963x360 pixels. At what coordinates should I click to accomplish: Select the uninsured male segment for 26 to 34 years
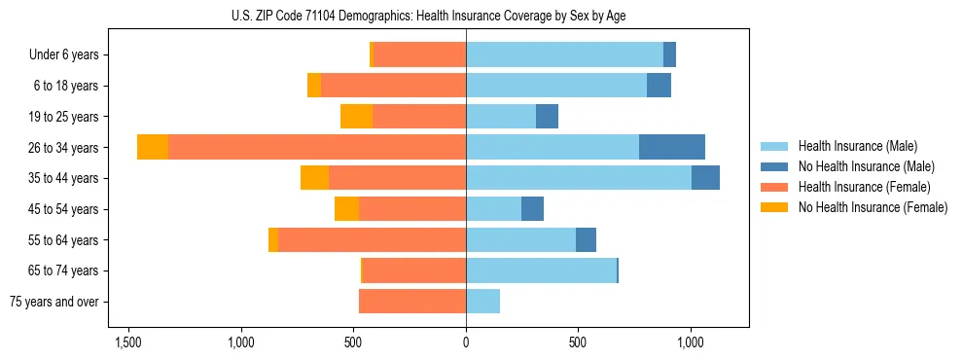[x=672, y=147]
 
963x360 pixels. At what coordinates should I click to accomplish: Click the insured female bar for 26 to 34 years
[x=317, y=147]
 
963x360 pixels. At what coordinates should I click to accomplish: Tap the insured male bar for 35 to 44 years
[x=579, y=178]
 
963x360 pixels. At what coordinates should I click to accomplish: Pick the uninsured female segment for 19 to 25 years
[x=356, y=117]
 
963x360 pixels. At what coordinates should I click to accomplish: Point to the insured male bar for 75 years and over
[x=482, y=302]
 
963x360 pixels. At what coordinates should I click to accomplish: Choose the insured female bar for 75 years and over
[x=412, y=302]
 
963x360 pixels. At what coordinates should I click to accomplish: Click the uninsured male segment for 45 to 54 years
[x=532, y=209]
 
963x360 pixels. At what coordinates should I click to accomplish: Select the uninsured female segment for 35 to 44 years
[x=314, y=178]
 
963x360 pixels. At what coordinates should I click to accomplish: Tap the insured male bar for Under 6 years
[x=564, y=54]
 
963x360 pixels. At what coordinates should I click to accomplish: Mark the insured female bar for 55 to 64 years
[x=372, y=240]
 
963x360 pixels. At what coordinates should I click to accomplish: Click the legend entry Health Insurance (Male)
[x=857, y=146]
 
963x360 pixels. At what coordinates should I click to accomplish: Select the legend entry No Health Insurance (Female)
[x=872, y=207]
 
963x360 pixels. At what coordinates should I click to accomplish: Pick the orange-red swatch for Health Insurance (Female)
[x=774, y=187]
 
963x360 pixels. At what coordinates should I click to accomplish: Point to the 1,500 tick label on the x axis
[x=128, y=342]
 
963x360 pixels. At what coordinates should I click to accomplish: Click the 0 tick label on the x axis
[x=466, y=342]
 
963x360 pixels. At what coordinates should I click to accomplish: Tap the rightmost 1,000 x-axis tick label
[x=690, y=342]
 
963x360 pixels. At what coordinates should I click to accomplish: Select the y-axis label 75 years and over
[x=54, y=302]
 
